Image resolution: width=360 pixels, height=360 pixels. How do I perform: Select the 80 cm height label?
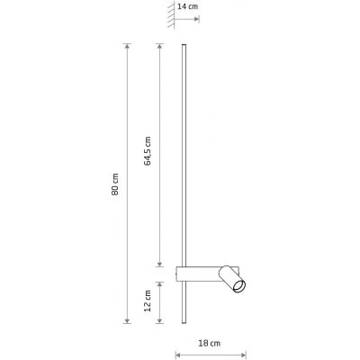tap(116, 184)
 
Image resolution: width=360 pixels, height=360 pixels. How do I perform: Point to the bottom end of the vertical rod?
tap(185, 324)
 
